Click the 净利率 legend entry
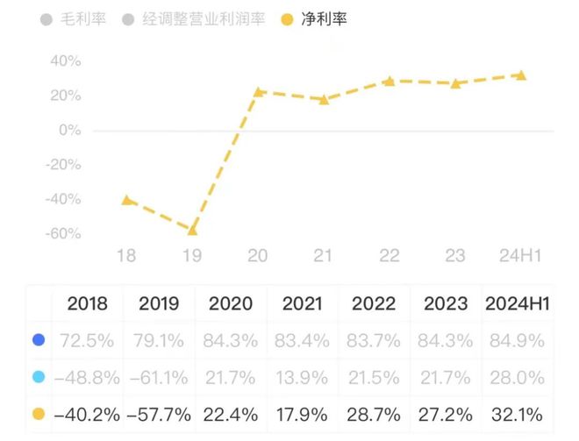click(314, 19)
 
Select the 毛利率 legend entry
click(73, 19)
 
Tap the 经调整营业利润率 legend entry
click(194, 19)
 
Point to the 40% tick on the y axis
click(66, 60)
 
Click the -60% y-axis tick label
click(63, 233)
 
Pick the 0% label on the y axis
click(70, 131)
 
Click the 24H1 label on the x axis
click(520, 255)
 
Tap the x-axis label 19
click(192, 255)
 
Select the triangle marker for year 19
click(192, 231)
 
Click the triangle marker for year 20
click(258, 92)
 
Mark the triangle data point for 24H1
click(521, 75)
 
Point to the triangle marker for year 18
click(126, 201)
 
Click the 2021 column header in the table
click(303, 303)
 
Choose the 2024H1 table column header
click(518, 303)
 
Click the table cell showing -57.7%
click(159, 415)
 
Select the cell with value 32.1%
click(517, 415)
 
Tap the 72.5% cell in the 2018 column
click(87, 340)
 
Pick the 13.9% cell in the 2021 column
click(302, 378)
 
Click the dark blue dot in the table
click(39, 339)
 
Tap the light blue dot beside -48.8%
click(39, 377)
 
